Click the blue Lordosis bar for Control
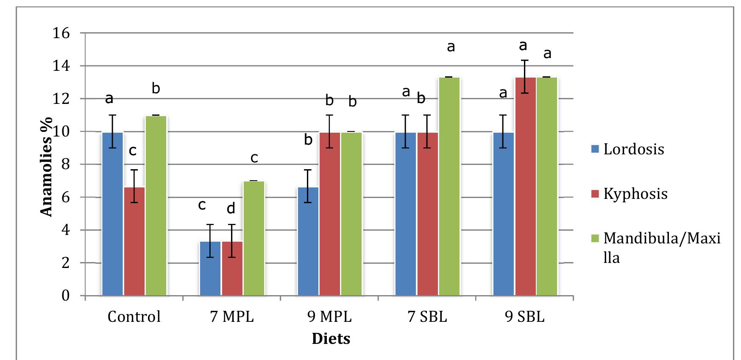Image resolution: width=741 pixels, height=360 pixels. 112,214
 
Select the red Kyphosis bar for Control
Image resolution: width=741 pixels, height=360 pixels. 134,242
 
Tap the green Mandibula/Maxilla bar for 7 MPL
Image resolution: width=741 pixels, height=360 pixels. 253,238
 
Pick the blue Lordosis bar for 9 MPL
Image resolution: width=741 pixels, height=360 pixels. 308,242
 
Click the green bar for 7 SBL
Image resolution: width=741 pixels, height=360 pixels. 449,187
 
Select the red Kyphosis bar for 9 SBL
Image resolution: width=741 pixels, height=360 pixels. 525,187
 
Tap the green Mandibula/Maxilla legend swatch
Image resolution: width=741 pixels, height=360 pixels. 595,239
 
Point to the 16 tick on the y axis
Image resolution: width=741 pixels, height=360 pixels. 60,33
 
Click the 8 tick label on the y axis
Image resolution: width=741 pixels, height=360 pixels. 64,165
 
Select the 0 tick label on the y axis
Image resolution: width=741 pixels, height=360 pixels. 65,296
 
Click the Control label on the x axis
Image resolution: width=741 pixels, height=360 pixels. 134,317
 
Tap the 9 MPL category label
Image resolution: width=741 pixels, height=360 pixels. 329,317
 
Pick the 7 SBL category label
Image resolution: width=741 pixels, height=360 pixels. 427,317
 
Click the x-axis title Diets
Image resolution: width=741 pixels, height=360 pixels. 331,339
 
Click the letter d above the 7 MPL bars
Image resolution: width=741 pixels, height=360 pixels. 231,209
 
